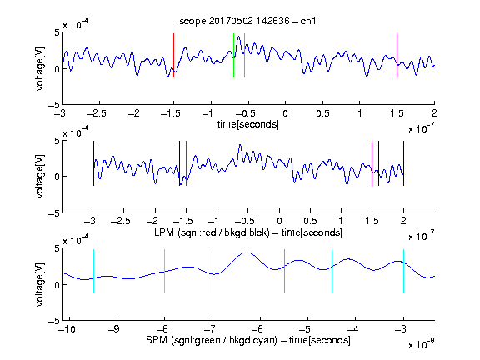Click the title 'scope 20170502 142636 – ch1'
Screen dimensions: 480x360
point(247,21)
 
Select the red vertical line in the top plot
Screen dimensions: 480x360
point(174,55)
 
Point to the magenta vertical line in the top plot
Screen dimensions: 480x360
point(397,55)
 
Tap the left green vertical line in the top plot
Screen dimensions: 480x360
point(233,55)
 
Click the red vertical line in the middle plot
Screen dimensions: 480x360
point(186,163)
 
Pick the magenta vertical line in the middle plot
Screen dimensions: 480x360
point(372,163)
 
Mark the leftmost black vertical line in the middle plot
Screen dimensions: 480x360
point(93,163)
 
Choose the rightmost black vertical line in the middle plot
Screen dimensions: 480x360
point(404,163)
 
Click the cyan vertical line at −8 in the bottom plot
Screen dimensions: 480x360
point(165,272)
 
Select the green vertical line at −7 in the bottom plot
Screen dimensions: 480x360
point(212,272)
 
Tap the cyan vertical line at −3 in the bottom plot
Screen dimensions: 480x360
point(404,272)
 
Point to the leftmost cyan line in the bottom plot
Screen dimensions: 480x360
point(93,272)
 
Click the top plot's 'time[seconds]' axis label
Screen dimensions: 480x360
point(248,124)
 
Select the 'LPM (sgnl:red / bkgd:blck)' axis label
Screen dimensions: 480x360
point(212,232)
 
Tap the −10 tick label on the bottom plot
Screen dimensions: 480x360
point(67,329)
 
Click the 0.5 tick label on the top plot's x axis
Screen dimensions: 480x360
point(322,113)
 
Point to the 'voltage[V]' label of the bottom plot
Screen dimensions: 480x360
point(40,285)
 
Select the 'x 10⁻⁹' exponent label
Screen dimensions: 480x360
point(422,345)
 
